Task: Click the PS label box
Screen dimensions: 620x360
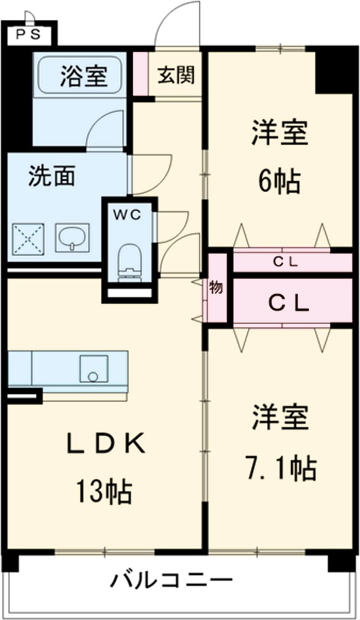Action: (x=28, y=34)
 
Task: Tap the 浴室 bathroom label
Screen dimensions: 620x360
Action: (x=83, y=76)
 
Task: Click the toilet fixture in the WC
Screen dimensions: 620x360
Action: (x=128, y=261)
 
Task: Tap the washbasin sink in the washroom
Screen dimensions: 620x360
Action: (x=72, y=238)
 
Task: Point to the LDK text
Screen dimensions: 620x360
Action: (x=105, y=445)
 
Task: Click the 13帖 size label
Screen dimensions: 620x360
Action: (x=104, y=493)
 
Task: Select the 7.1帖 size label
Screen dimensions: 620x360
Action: (x=280, y=468)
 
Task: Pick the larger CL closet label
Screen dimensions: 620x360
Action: (x=288, y=303)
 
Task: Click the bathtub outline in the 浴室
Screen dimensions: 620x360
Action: (x=80, y=76)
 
